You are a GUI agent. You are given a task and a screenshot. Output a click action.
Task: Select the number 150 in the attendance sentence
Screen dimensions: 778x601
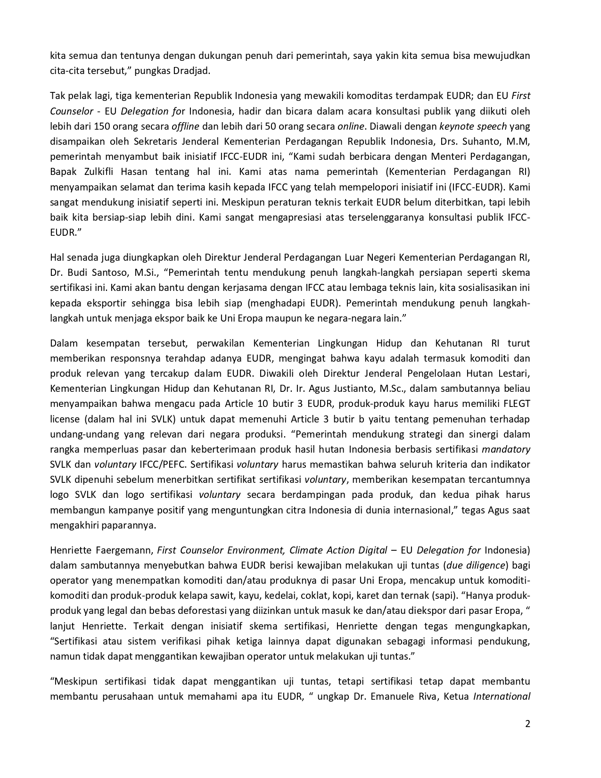pos(103,126)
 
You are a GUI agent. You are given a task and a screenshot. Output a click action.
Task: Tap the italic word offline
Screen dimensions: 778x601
pos(185,126)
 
